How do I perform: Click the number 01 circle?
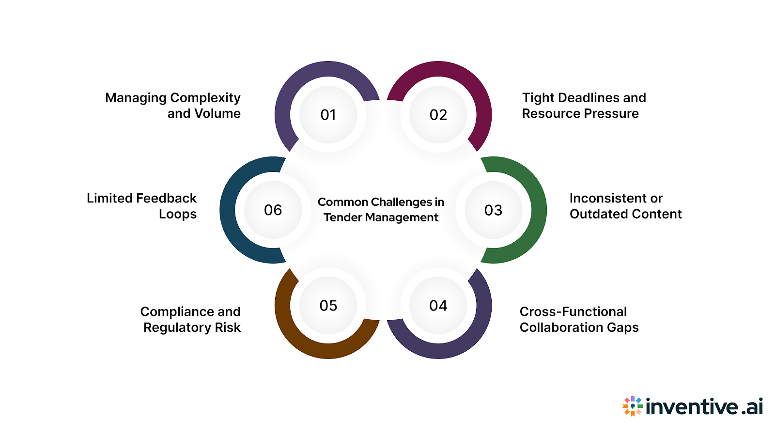coord(328,115)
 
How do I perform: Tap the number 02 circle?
coord(438,115)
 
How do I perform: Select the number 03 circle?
coord(493,210)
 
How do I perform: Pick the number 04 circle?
coord(438,306)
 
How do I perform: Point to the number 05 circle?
coord(328,306)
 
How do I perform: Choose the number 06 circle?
coord(273,210)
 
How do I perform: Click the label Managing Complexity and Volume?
coord(173,106)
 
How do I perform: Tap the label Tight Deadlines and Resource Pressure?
coord(584,106)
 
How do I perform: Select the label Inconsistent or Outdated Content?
coord(625,206)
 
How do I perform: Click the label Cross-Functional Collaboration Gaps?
coord(579,319)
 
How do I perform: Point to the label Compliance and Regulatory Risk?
coord(190,319)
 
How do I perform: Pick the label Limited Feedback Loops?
coord(142,206)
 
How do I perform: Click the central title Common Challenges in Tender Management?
coord(381,209)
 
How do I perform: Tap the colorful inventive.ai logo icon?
coord(633,406)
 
